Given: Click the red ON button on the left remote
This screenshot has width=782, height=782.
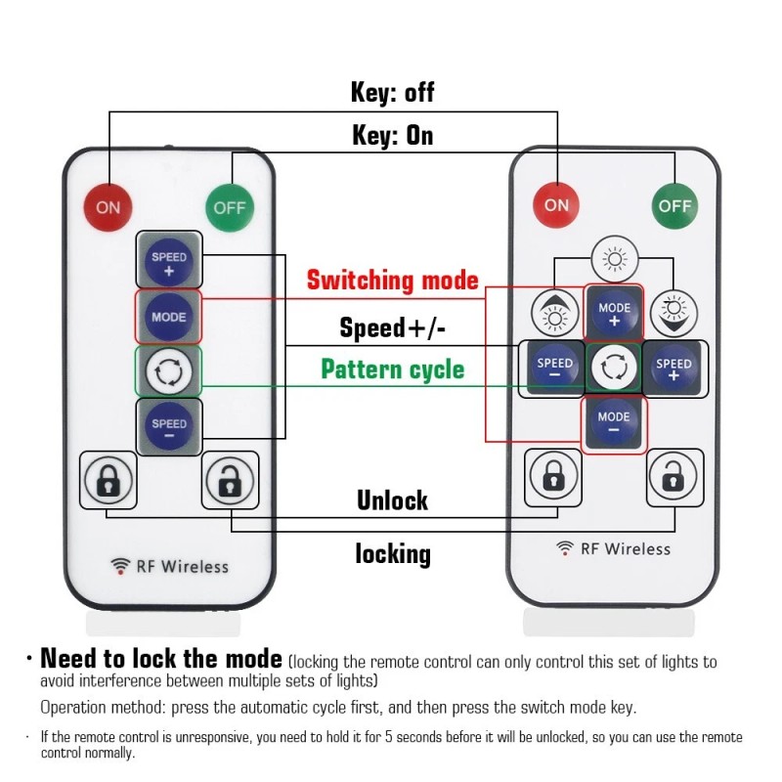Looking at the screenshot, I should coord(108,206).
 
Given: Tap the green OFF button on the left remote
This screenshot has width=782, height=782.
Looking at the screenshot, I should coord(230,206).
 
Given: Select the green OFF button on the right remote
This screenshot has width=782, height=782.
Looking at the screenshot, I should coord(675,204).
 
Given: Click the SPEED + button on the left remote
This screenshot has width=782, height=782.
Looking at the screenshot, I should coord(169,262).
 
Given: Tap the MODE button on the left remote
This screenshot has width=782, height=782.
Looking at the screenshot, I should coord(169,317).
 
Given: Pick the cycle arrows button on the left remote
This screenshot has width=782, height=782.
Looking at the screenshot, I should coord(168,371).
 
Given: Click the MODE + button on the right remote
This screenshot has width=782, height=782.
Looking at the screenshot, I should coord(614,314).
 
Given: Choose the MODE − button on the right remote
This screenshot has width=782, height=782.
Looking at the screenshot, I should coord(614,422).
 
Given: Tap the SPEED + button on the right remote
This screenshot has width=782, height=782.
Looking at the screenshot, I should coord(673,369).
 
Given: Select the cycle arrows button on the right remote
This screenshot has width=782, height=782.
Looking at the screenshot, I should coord(614,369).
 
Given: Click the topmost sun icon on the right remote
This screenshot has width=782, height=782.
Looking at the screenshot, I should coord(614,259).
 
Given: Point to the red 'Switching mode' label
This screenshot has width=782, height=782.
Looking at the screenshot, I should coord(393,281).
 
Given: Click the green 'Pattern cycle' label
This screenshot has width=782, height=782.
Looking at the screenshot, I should coord(393,369).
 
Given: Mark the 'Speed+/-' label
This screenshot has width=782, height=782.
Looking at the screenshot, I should coord(393,326).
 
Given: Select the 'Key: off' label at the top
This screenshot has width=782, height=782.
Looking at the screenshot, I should coord(392,93).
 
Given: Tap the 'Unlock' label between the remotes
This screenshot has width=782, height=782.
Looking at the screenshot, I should coord(392,500).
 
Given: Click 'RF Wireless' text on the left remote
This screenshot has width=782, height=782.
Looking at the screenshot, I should coord(169,566).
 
